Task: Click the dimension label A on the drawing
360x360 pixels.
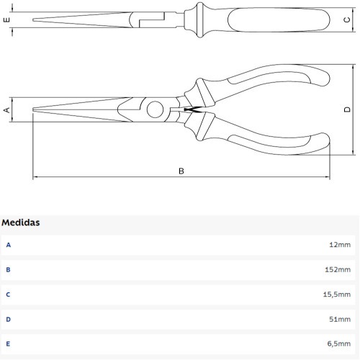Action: pos(7,109)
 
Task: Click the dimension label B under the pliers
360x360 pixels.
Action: pos(181,171)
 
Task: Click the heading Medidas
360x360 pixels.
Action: pos(20,222)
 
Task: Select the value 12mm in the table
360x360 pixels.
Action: pos(340,245)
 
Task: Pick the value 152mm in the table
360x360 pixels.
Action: pos(338,269)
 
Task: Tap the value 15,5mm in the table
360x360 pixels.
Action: pos(336,294)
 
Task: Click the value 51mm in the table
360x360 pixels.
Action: pos(340,319)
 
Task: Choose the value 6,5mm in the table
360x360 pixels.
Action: pos(338,344)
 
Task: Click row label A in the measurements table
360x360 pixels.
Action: pos(9,245)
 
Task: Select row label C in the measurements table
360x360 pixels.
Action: pos(9,294)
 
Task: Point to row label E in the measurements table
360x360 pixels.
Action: pos(9,344)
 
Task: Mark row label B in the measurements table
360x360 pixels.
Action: pos(9,269)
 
